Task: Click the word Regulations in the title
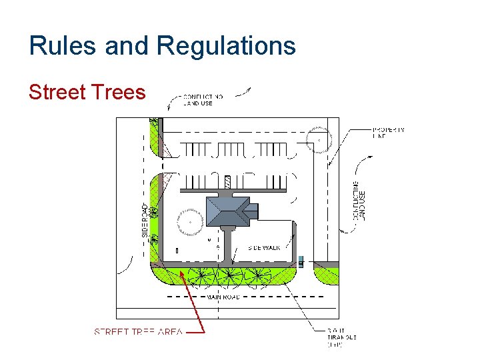[x=227, y=46]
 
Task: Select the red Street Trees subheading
[x=87, y=92]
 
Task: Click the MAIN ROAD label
[x=223, y=297]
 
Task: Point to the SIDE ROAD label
[x=145, y=221]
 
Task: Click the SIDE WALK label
[x=264, y=247]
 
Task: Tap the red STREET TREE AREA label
[x=138, y=332]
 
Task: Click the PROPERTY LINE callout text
[x=388, y=133]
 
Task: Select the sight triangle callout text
[x=342, y=337]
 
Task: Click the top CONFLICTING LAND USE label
[x=203, y=100]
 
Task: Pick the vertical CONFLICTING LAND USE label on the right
[x=359, y=200]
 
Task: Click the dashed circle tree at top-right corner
[x=319, y=140]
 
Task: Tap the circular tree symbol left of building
[x=190, y=222]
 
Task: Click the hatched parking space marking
[x=227, y=181]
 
